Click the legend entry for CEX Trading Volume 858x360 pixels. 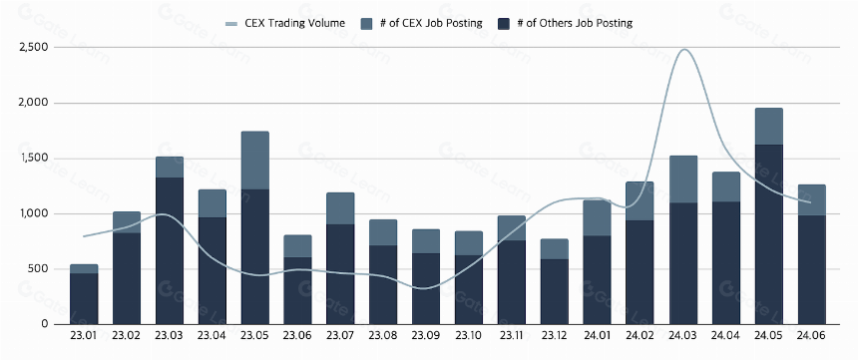coord(285,23)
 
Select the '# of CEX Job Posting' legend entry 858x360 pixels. coord(422,23)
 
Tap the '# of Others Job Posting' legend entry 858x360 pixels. coord(566,23)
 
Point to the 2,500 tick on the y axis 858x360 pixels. coord(33,48)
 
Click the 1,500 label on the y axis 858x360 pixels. coord(33,159)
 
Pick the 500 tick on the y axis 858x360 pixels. coord(39,269)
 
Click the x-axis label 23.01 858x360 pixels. coord(84,335)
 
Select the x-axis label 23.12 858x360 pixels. coord(554,335)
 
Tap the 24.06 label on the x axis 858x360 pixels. coord(811,335)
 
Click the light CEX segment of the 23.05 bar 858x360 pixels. coord(255,161)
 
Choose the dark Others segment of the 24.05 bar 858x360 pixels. coord(768,234)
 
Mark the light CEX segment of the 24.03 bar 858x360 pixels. coord(682,180)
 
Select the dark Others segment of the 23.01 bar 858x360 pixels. coord(84,299)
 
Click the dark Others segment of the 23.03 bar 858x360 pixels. coord(170,250)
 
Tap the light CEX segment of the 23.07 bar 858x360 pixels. coord(340,208)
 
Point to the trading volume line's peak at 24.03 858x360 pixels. coord(684,49)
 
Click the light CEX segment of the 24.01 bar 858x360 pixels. coord(597,217)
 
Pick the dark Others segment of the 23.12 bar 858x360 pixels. coord(554,291)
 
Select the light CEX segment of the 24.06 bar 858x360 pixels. coord(811,200)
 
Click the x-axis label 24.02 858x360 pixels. coord(640,335)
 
